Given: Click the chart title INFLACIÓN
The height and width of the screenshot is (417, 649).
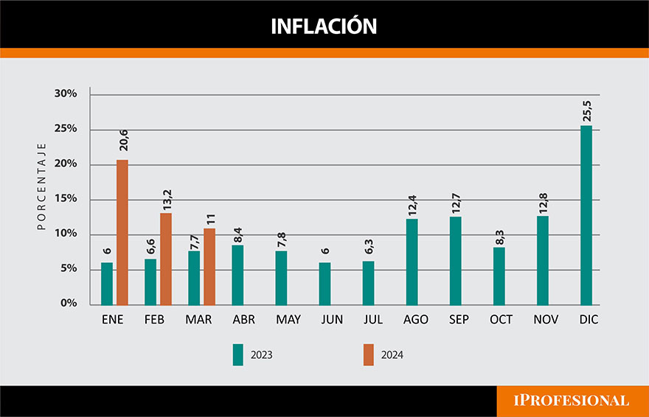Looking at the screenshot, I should [x=324, y=27].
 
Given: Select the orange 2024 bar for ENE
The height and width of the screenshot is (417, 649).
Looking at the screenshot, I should [x=122, y=232].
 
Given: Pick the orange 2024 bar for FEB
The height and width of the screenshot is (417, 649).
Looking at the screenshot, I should [x=166, y=259].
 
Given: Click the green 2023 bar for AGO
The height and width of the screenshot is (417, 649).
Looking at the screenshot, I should [x=412, y=262].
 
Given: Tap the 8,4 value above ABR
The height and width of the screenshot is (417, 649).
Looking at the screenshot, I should [x=238, y=234].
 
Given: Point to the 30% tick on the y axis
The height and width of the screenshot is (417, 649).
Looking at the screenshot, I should [x=66, y=94].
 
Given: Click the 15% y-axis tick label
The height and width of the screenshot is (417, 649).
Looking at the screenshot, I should [x=66, y=199].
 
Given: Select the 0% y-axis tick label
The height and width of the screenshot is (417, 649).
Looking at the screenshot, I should [x=69, y=304].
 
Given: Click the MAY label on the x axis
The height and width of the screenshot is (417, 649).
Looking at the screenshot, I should [x=287, y=320].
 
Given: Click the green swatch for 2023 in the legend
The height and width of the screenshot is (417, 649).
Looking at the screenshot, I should [x=238, y=354].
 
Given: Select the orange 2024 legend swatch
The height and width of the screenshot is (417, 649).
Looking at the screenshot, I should [x=369, y=354].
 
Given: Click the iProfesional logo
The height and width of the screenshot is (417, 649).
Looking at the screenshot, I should [x=571, y=401].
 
